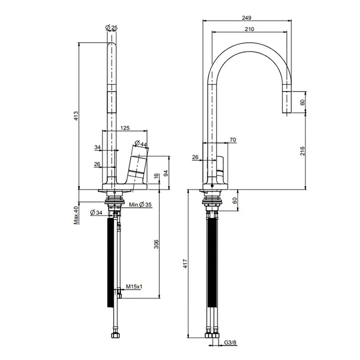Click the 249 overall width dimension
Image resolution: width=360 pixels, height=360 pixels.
coord(246,17)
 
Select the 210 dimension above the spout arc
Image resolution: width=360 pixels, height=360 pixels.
coord(249,29)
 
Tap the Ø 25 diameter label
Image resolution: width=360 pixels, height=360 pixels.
coord(112,28)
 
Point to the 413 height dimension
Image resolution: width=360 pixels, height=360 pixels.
coord(76,116)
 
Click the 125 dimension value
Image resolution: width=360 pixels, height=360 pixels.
coord(125,128)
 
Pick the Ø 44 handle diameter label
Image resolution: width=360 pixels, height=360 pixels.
coord(140,143)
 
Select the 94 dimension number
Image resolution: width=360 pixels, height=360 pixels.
coord(166,173)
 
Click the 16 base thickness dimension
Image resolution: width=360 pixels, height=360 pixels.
coord(156,176)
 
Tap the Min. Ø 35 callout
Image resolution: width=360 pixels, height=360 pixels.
coord(140,204)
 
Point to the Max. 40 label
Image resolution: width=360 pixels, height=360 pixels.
coord(76,215)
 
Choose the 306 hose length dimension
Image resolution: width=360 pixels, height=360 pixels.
coord(156,244)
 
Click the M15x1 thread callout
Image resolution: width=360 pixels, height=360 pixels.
coord(134,286)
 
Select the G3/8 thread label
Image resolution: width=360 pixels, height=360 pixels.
coord(230,343)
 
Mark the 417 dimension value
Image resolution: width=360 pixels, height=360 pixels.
coord(186,263)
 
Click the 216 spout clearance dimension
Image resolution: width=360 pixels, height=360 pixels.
coord(302,151)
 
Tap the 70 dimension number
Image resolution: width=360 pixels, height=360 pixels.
coord(233,139)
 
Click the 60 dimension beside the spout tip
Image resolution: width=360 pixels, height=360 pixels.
coord(302,102)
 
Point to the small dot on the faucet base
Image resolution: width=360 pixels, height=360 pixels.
coord(212,186)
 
